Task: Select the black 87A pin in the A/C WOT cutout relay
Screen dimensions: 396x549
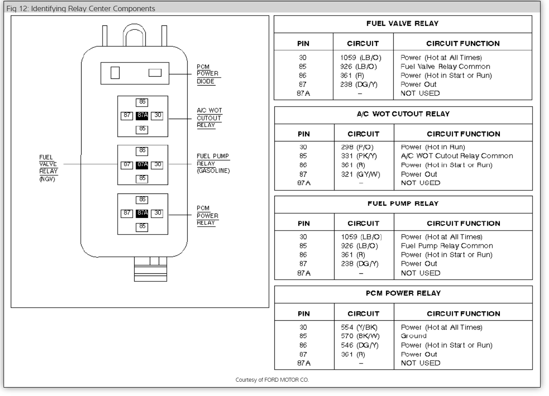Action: tap(142, 115)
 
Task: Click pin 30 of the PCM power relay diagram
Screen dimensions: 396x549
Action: tap(157, 213)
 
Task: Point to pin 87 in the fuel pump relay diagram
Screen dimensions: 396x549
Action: tap(127, 165)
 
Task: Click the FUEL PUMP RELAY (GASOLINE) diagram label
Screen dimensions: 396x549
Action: tap(213, 164)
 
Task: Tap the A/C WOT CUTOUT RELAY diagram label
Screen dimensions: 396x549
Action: tap(209, 117)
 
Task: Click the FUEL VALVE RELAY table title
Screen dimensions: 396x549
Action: tap(403, 24)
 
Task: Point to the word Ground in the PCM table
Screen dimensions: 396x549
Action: tap(413, 336)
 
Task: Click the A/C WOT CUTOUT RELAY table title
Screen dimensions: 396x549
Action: tap(403, 114)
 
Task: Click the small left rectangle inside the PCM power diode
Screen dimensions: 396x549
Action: tap(114, 73)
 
